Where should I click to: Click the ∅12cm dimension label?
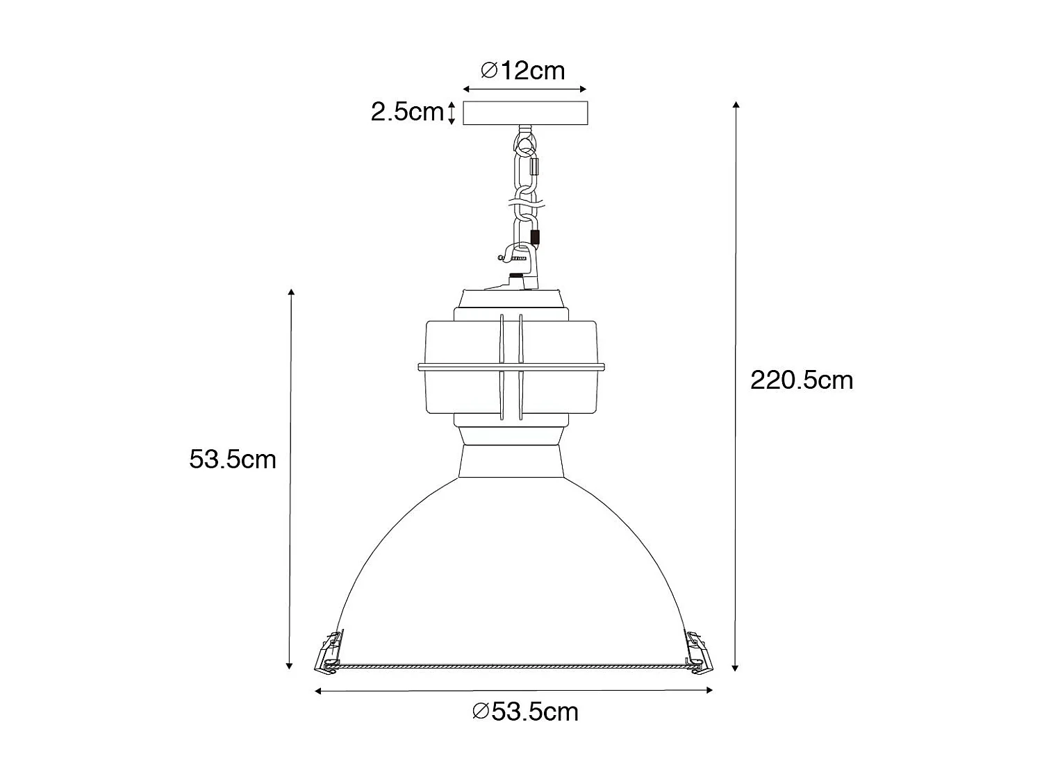(x=523, y=70)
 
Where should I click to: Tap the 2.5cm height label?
(x=406, y=112)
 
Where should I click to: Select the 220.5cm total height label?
(x=802, y=380)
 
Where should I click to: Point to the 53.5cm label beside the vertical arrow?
(x=233, y=459)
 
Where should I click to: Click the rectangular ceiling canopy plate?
(x=525, y=113)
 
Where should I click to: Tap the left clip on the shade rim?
(x=327, y=652)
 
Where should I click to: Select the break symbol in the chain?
(x=527, y=205)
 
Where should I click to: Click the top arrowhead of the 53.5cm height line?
(x=291, y=292)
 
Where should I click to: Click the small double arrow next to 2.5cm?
(x=452, y=112)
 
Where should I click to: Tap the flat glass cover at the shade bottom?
(x=512, y=666)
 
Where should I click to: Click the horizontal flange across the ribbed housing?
(x=512, y=366)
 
